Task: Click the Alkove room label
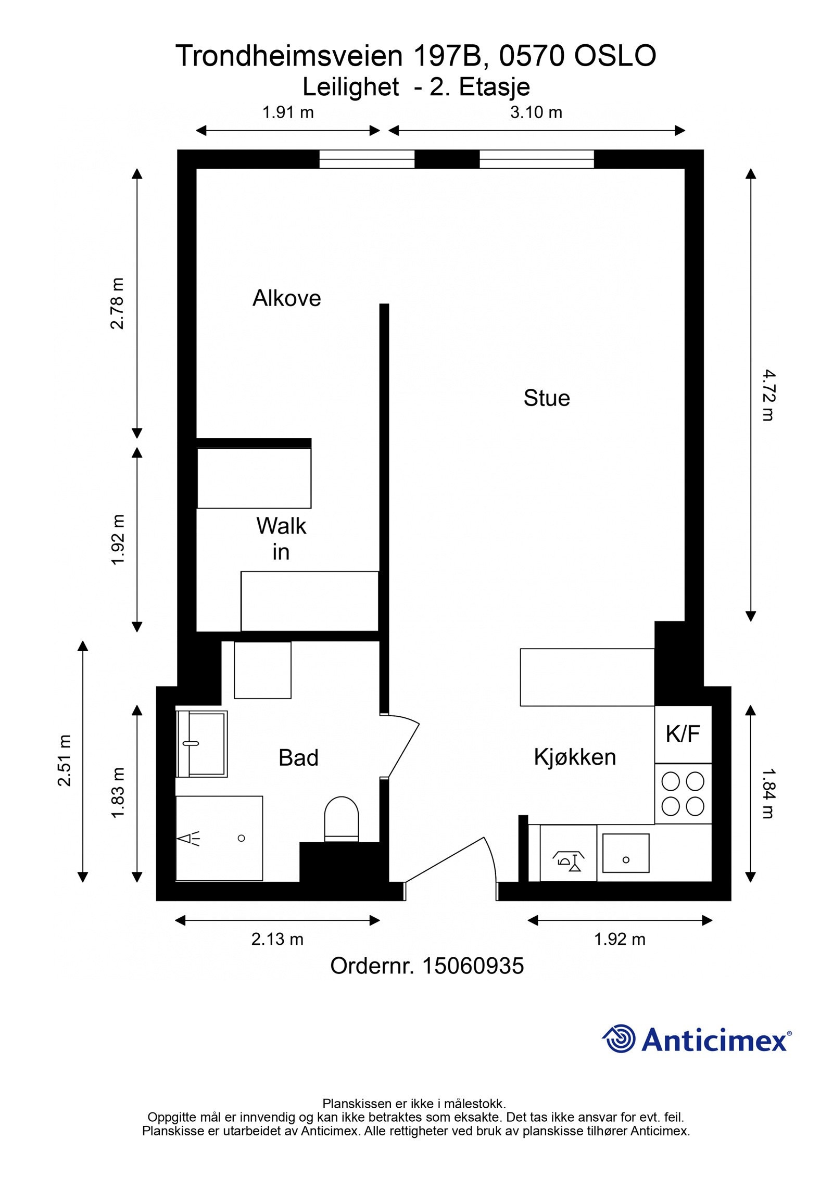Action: [x=286, y=298]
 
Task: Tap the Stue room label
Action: [x=547, y=398]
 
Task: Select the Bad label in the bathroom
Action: [x=298, y=758]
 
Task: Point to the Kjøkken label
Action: [x=575, y=757]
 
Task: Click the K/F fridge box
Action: [x=683, y=734]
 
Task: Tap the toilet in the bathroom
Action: [x=342, y=819]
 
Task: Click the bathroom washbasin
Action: [x=202, y=743]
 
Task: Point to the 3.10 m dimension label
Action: [x=536, y=112]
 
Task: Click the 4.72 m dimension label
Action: [x=768, y=395]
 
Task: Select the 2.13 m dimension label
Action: [x=277, y=939]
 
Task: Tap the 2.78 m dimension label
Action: [x=118, y=303]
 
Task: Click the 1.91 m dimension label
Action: [x=288, y=112]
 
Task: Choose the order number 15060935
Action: [x=473, y=966]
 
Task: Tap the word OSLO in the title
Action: [x=615, y=56]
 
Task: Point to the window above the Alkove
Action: [x=367, y=159]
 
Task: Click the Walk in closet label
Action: [x=281, y=539]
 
